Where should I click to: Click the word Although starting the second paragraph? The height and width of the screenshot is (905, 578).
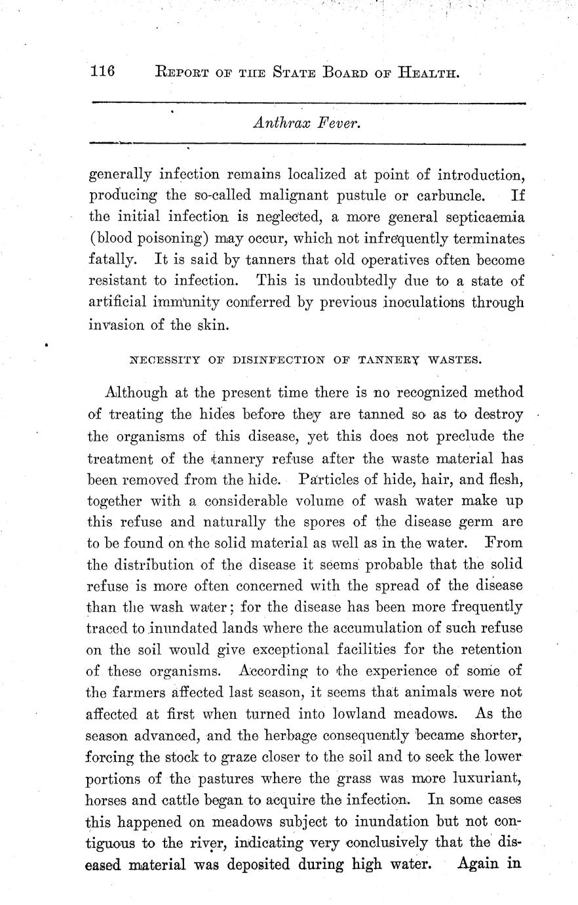(x=135, y=393)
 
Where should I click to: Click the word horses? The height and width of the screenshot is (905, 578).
(x=106, y=801)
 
